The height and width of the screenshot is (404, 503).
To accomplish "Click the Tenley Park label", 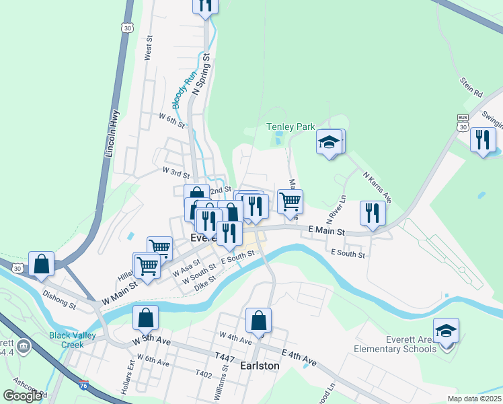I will [291, 127].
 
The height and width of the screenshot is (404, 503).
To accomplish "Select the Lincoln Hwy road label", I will [112, 134].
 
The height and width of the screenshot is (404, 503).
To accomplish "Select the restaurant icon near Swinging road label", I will [483, 140].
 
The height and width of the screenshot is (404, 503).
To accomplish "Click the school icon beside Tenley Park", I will [330, 143].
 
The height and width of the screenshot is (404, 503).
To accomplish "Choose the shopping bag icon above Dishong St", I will [42, 264].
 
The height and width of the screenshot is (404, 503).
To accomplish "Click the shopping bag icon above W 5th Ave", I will [145, 318].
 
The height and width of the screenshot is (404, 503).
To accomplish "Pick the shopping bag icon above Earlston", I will [259, 321].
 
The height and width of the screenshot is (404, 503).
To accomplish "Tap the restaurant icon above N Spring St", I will [205, 5].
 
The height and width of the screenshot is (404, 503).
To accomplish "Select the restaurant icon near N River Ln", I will [373, 213].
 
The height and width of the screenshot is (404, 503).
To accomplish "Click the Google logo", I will [22, 395].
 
